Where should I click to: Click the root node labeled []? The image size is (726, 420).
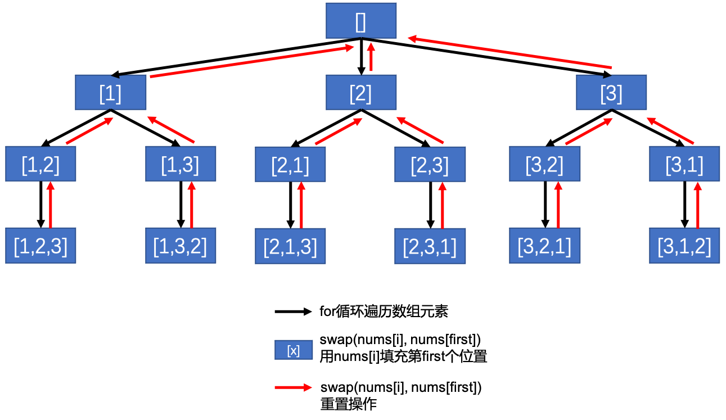[x=361, y=21]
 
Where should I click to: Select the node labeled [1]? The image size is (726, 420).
[x=111, y=93]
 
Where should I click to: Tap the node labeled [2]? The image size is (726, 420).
[x=361, y=93]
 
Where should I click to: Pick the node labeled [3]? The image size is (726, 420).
[x=611, y=93]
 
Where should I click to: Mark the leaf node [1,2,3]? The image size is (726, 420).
[x=40, y=246]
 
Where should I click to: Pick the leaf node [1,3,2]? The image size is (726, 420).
[x=181, y=246]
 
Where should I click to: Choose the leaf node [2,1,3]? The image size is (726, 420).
[x=290, y=246]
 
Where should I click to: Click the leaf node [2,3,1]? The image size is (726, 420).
[x=430, y=246]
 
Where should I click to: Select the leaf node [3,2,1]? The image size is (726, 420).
[x=544, y=246]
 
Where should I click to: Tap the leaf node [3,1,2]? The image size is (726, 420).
[x=684, y=246]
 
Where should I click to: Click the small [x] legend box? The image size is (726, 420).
[x=294, y=350]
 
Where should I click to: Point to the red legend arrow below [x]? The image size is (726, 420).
[x=293, y=387]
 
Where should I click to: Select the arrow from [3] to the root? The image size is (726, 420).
[x=509, y=53]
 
